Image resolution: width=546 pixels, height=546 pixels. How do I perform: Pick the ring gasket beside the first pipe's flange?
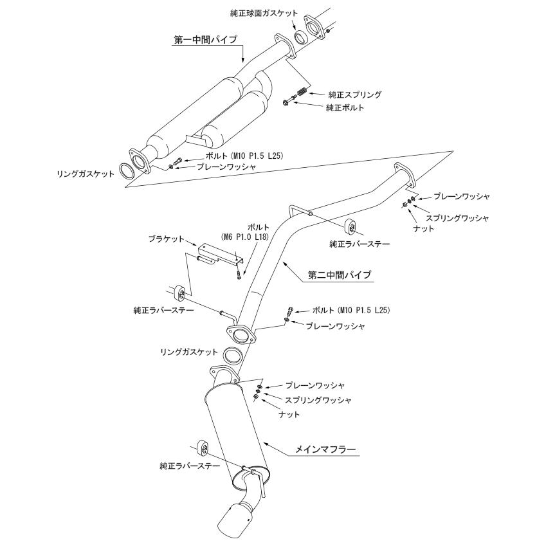[127, 173]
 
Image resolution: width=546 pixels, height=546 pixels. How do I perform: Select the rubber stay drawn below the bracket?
[180, 291]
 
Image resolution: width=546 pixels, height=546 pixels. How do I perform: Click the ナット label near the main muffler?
[289, 414]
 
